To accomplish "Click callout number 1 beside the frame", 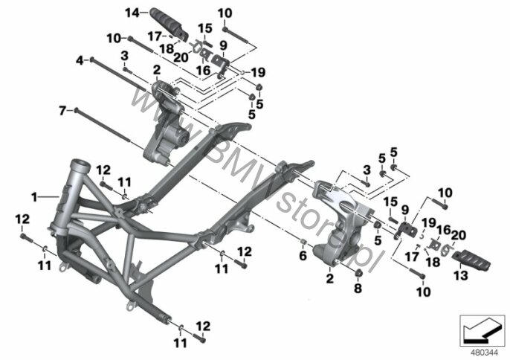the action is click(x=34, y=197).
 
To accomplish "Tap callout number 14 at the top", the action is click(x=132, y=13).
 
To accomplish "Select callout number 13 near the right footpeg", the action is click(x=461, y=276).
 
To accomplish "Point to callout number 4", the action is click(x=80, y=60).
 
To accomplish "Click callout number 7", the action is click(x=62, y=111).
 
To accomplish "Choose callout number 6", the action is click(x=303, y=256).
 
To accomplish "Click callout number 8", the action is click(x=358, y=289).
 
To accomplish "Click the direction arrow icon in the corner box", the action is click(x=480, y=332).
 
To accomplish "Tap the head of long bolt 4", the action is click(x=92, y=60).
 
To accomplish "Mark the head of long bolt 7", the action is click(x=76, y=110).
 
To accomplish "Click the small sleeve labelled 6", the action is click(x=303, y=242).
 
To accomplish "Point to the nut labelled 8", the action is click(x=358, y=274).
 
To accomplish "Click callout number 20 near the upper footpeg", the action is click(x=181, y=57).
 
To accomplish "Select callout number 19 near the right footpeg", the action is click(x=428, y=223).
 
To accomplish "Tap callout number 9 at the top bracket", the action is click(x=223, y=45).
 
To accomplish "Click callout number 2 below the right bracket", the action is click(x=330, y=279).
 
